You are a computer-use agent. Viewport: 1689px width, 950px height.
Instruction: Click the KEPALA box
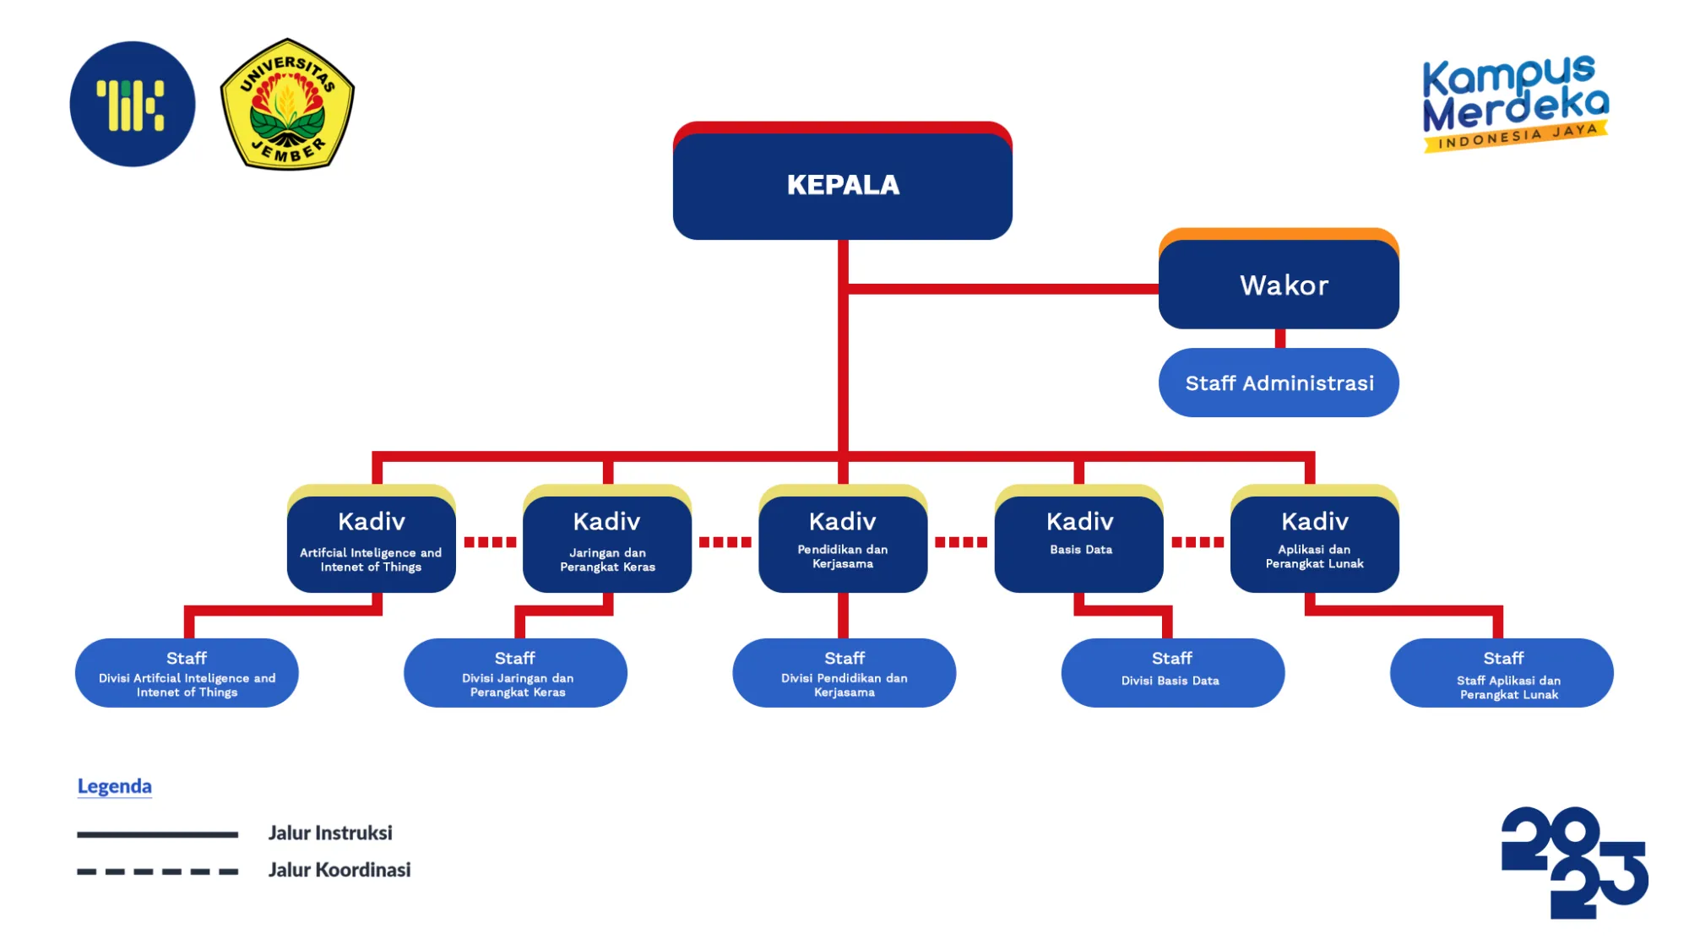click(842, 184)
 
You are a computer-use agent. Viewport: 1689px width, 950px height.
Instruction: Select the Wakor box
click(1279, 284)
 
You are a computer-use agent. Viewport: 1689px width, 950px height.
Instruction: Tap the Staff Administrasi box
click(1279, 383)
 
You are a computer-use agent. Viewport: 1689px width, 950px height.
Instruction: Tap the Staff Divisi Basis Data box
click(1172, 672)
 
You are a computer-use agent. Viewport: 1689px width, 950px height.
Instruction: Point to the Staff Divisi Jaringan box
click(515, 672)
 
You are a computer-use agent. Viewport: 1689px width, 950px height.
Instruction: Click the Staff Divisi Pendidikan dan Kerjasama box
click(844, 672)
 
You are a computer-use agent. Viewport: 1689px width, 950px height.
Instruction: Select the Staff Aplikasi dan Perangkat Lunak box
click(1502, 672)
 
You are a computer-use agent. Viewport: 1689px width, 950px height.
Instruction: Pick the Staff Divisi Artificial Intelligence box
click(187, 672)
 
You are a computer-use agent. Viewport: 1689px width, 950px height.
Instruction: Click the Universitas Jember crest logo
click(287, 104)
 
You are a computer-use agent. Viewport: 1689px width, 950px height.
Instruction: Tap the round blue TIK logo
click(133, 104)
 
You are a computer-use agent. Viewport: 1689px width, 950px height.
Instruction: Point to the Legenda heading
click(114, 786)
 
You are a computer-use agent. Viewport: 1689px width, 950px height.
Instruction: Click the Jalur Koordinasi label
click(339, 870)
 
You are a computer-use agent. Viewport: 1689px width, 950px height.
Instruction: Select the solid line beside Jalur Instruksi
click(157, 834)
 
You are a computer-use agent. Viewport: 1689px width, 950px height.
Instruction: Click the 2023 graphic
click(1574, 862)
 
